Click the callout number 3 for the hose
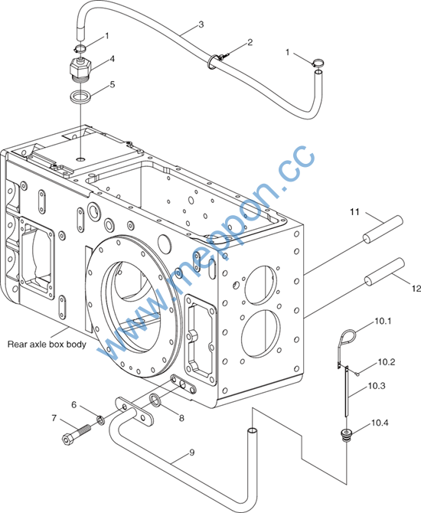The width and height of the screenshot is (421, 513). click(x=201, y=25)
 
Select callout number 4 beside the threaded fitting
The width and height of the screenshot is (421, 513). click(x=113, y=59)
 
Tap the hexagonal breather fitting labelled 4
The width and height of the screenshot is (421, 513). click(x=81, y=67)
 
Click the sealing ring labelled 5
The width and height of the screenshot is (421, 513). click(x=81, y=96)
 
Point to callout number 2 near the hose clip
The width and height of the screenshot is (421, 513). click(x=250, y=43)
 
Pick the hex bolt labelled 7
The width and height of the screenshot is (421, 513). click(x=76, y=434)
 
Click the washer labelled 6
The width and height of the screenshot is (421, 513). click(x=101, y=420)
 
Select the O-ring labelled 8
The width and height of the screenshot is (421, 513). click(x=155, y=400)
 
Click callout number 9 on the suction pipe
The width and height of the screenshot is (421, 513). click(x=191, y=453)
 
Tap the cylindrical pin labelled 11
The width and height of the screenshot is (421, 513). click(x=383, y=230)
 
